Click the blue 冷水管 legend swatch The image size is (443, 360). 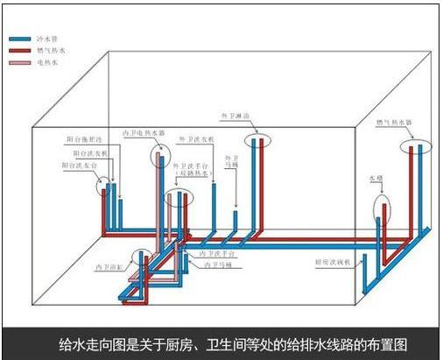[20, 39]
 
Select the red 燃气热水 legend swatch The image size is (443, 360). [20, 53]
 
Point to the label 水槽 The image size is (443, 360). [375, 179]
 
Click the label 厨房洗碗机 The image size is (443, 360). [333, 261]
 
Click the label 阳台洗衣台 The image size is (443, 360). [80, 164]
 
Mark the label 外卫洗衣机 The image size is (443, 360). [196, 139]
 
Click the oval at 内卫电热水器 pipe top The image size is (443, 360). [159, 159]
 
